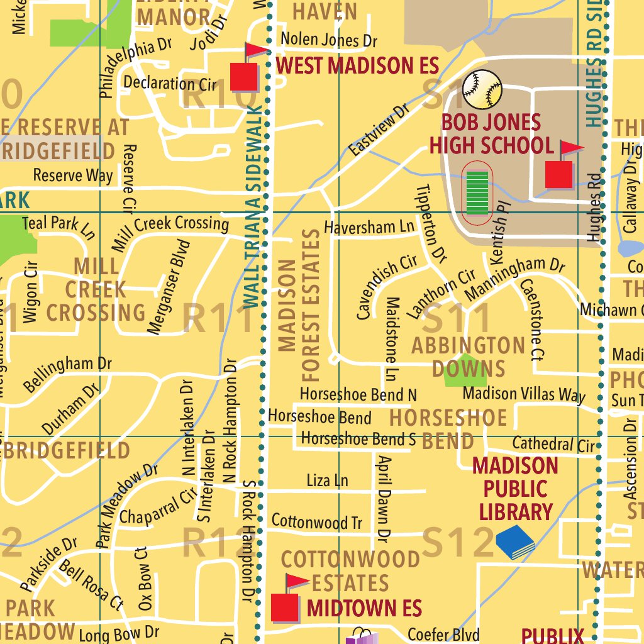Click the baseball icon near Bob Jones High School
(482, 89)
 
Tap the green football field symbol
(478, 188)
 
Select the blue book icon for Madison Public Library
(515, 542)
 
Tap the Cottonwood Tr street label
(317, 521)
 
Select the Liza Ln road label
(327, 480)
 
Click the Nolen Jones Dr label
(329, 40)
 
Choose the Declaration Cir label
(170, 84)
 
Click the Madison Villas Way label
(524, 394)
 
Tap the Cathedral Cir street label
(553, 444)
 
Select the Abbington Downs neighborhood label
(469, 357)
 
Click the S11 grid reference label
(455, 319)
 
